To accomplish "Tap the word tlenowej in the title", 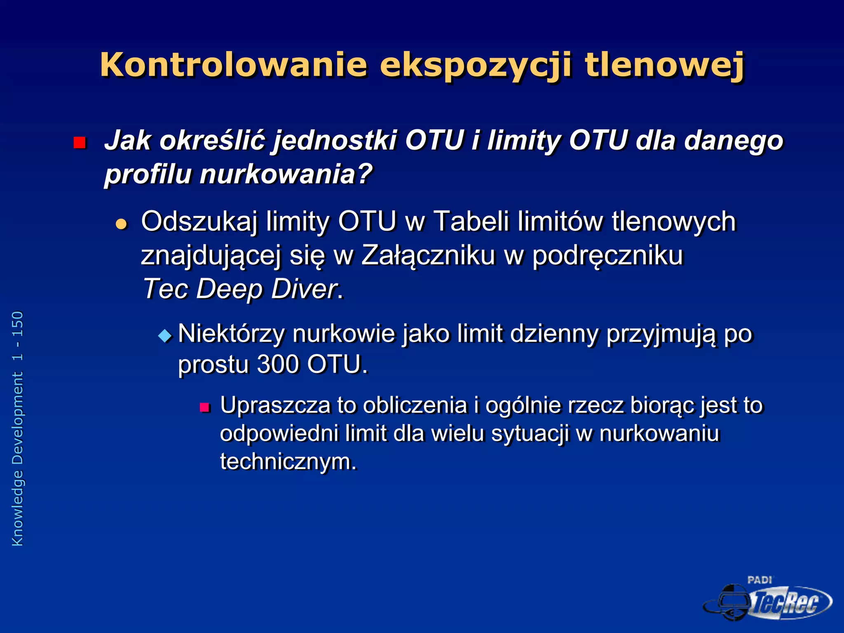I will click(x=664, y=65).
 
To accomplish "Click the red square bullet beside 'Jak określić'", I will click(x=79, y=143).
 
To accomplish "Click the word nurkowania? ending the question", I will click(x=286, y=174).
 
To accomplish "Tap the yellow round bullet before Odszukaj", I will click(x=121, y=224).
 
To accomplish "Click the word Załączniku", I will click(x=428, y=255).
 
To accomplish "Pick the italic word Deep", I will click(x=229, y=288).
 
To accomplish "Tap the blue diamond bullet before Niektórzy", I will click(x=165, y=335).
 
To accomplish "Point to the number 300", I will click(x=278, y=364).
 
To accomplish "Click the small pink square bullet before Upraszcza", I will click(x=204, y=408).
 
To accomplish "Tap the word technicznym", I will click(x=288, y=461).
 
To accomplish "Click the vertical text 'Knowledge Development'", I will click(x=18, y=459).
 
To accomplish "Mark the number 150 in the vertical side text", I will click(x=18, y=324).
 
